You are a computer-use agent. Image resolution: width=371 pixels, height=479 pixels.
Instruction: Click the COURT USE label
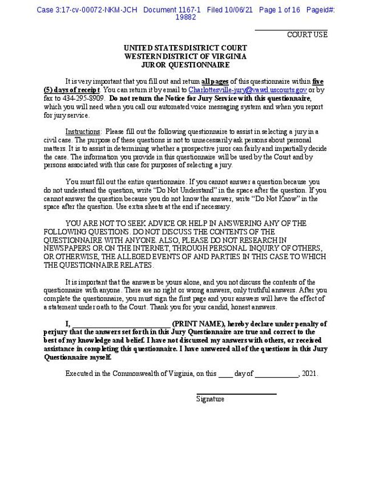[x=307, y=35]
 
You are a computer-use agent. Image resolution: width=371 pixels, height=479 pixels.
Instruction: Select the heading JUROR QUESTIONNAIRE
[x=185, y=65]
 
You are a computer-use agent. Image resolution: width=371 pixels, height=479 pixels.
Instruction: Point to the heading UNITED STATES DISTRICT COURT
[x=185, y=48]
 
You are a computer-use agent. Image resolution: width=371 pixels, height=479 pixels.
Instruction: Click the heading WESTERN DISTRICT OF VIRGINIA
[x=185, y=56]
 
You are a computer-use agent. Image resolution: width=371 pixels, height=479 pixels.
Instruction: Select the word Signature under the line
[x=210, y=399]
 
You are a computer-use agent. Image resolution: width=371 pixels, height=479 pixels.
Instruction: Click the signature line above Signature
[x=236, y=394]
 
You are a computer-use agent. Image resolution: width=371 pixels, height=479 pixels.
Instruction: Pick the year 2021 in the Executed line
[x=309, y=374]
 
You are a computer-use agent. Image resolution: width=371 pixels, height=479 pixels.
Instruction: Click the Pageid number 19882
[x=185, y=18]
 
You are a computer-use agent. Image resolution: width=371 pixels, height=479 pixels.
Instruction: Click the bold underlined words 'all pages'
[x=215, y=81]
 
